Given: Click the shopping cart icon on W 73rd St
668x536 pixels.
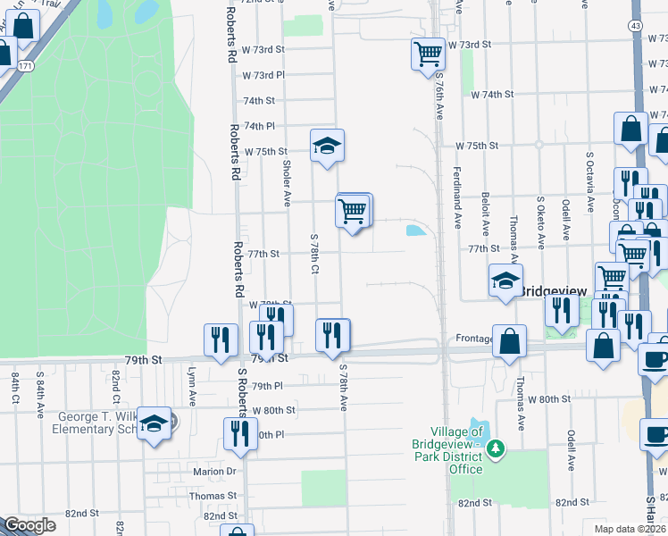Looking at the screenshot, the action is [x=428, y=54].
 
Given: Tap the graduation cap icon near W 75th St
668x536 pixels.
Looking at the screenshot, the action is [x=328, y=146].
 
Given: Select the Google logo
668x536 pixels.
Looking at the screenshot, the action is [x=29, y=525].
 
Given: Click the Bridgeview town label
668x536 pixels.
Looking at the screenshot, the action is [x=552, y=291].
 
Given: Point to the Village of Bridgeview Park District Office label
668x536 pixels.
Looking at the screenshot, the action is [x=447, y=450].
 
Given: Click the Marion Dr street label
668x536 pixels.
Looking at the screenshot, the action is [x=213, y=472].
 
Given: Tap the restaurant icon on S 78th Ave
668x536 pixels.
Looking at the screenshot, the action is [x=332, y=335].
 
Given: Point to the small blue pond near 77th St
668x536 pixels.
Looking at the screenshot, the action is [x=416, y=230].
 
